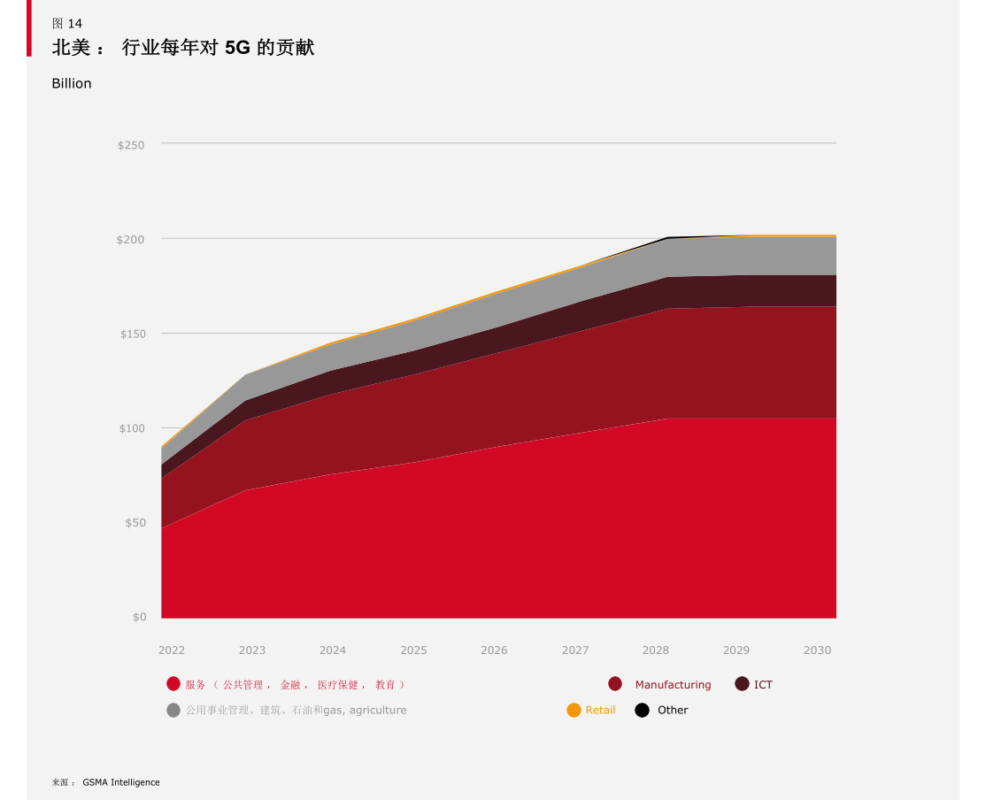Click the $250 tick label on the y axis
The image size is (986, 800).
131,145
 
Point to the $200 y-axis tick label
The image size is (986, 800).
131,240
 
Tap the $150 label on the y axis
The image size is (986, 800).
133,335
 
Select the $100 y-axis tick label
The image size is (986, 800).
133,428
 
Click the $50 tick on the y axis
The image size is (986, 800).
134,523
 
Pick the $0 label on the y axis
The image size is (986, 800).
140,617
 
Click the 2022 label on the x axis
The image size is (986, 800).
172,650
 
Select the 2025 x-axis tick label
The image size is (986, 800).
413,650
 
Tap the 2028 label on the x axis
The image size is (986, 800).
656,650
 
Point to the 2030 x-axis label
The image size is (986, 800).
817,650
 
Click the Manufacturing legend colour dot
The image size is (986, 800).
615,684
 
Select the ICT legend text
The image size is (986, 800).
763,685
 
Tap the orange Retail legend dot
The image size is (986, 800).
574,710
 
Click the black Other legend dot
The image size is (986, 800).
643,710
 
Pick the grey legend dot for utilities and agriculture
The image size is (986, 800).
173,710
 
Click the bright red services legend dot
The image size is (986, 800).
173,684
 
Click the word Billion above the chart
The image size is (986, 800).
72,84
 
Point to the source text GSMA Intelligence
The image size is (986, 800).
121,782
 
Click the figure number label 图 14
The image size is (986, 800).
67,24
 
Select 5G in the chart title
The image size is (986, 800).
237,48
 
